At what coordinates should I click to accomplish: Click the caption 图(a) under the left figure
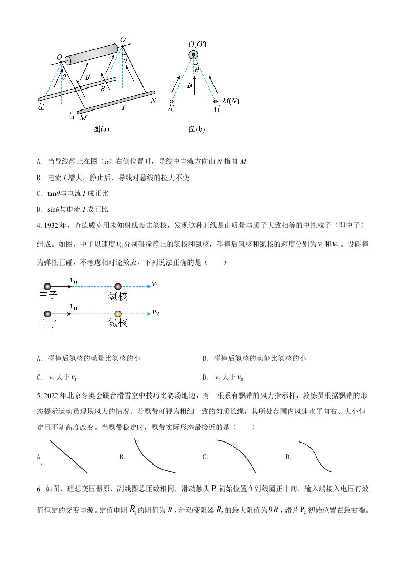click(101, 129)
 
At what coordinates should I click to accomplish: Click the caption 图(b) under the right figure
click(197, 129)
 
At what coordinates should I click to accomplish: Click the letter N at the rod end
click(153, 100)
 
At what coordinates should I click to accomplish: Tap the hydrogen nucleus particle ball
click(118, 286)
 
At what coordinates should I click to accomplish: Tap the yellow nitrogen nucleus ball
click(118, 314)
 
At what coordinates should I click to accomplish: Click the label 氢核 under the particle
click(117, 296)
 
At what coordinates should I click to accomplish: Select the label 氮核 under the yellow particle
click(117, 323)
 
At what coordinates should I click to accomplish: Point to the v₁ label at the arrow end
click(155, 285)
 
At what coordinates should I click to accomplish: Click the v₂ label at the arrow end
click(156, 312)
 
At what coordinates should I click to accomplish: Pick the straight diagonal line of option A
click(69, 457)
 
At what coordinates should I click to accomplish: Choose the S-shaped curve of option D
click(317, 457)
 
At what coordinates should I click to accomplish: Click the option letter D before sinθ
click(39, 209)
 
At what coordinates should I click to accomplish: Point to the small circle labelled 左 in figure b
click(172, 101)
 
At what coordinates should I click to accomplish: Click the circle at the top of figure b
click(194, 55)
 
